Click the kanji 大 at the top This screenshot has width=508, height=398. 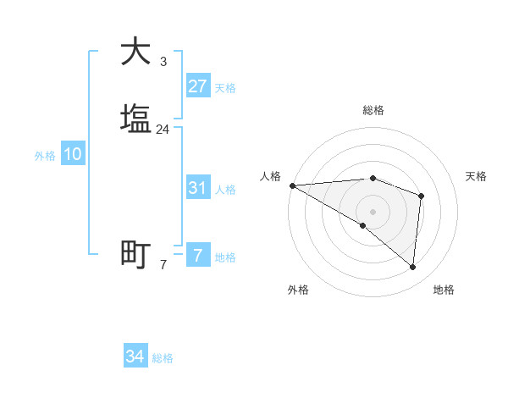(x=135, y=52)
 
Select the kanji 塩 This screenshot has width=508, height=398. (x=135, y=119)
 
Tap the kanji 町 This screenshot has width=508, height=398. (x=135, y=254)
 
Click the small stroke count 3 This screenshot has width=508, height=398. (x=163, y=61)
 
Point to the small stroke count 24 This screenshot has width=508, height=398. (x=163, y=130)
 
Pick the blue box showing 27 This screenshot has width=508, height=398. (x=197, y=86)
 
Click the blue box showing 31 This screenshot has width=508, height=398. (x=197, y=188)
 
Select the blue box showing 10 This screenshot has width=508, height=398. (x=73, y=155)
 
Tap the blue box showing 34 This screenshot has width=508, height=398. (x=135, y=357)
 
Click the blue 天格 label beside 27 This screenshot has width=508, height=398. (x=225, y=88)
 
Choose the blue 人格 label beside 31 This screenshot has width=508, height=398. (x=225, y=190)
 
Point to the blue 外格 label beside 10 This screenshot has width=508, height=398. (x=45, y=156)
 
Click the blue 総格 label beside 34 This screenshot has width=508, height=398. (x=163, y=358)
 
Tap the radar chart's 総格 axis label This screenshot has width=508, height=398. (x=373, y=110)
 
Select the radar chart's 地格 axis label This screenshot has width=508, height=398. (x=444, y=290)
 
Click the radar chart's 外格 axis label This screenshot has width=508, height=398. (x=298, y=290)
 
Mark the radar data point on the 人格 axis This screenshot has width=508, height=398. (x=292, y=185)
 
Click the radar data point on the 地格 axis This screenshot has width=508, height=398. (x=413, y=268)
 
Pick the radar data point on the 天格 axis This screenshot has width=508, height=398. (x=421, y=196)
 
